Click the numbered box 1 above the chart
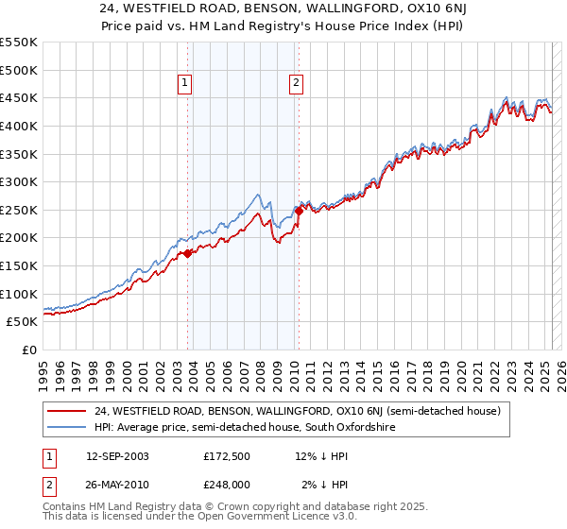pos(184,83)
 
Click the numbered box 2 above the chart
pos(296,83)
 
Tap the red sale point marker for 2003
pos(188,253)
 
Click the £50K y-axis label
pos(23,322)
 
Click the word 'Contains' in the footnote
pos(66,507)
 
